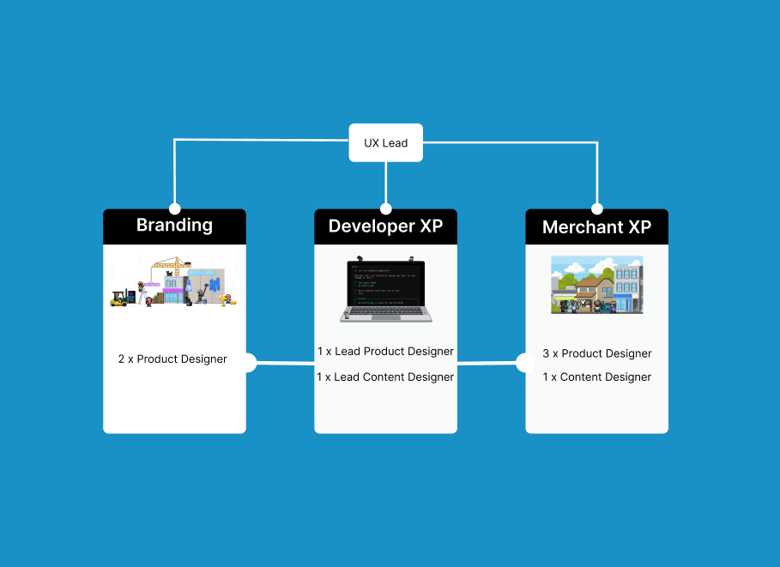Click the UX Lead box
(385, 142)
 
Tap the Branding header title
(174, 226)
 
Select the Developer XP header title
(385, 226)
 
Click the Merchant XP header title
(596, 227)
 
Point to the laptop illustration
(385, 289)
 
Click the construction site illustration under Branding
(174, 282)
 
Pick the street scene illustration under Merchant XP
(596, 285)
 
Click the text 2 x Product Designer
(172, 359)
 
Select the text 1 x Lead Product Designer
(385, 352)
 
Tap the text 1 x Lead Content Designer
(385, 377)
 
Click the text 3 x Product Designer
(596, 353)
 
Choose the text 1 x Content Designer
(596, 377)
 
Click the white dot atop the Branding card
(175, 208)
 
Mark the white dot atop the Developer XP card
(386, 208)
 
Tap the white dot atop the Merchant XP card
(597, 208)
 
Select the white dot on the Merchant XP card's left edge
(524, 363)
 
